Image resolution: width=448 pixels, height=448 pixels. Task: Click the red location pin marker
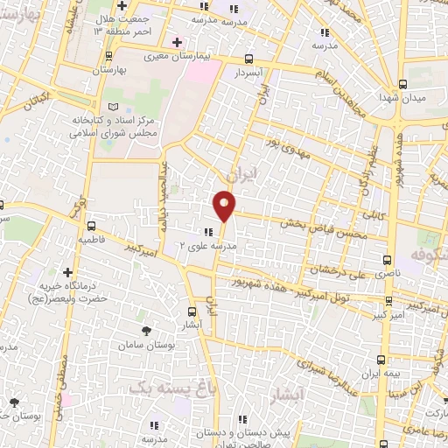225,205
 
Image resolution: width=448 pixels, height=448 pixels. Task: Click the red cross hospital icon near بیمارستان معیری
177,42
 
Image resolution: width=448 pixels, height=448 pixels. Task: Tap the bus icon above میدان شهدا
402,84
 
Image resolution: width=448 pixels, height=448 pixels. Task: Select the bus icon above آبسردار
249,59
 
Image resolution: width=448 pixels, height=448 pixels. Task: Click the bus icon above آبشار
192,311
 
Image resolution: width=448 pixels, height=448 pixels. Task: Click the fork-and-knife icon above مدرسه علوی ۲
209,232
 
